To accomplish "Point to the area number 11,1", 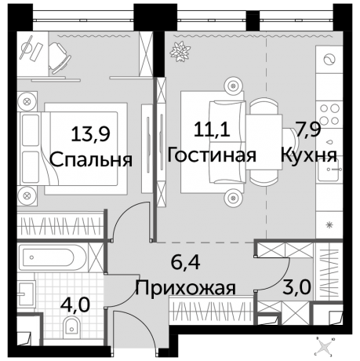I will tap(207, 129).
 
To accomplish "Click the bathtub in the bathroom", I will tap(56, 258).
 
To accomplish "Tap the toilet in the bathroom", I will tap(74, 329).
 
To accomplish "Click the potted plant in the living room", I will tap(181, 53).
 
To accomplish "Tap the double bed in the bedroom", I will tap(75, 146).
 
